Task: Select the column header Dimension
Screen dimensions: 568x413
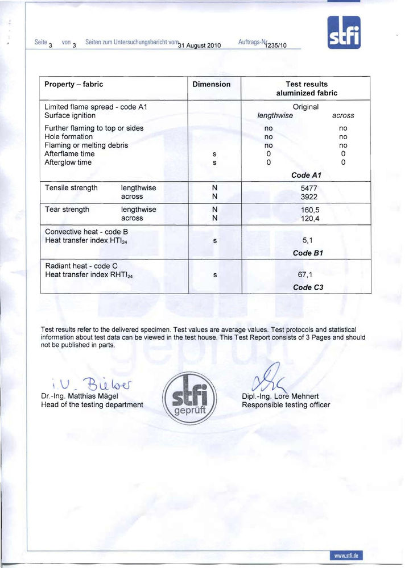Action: click(x=212, y=84)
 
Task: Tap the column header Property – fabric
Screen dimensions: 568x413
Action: click(x=73, y=84)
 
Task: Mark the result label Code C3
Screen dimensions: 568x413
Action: click(x=308, y=287)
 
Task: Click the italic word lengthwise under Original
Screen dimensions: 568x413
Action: click(x=275, y=115)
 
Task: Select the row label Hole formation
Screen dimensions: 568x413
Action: click(x=68, y=137)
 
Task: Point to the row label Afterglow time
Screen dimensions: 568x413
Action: click(x=68, y=162)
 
